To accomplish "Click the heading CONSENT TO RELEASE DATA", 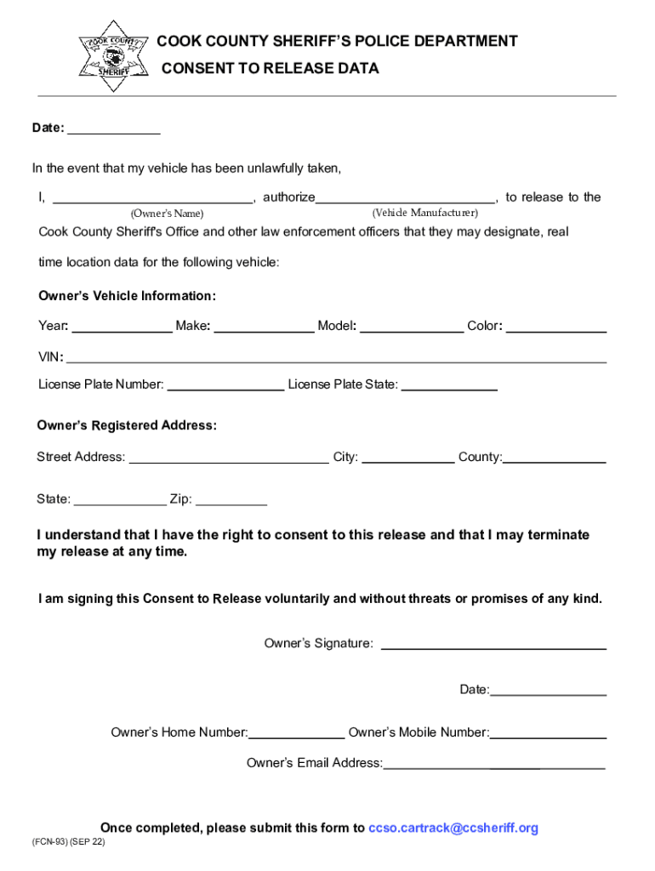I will pyautogui.click(x=270, y=68).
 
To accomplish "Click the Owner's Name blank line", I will pyautogui.click(x=153, y=198).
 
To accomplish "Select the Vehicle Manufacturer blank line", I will pyautogui.click(x=405, y=198).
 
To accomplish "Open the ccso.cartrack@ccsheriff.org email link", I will pyautogui.click(x=453, y=828).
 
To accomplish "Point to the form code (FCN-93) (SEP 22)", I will pyautogui.click(x=70, y=842).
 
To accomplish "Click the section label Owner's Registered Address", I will pyautogui.click(x=127, y=425).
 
